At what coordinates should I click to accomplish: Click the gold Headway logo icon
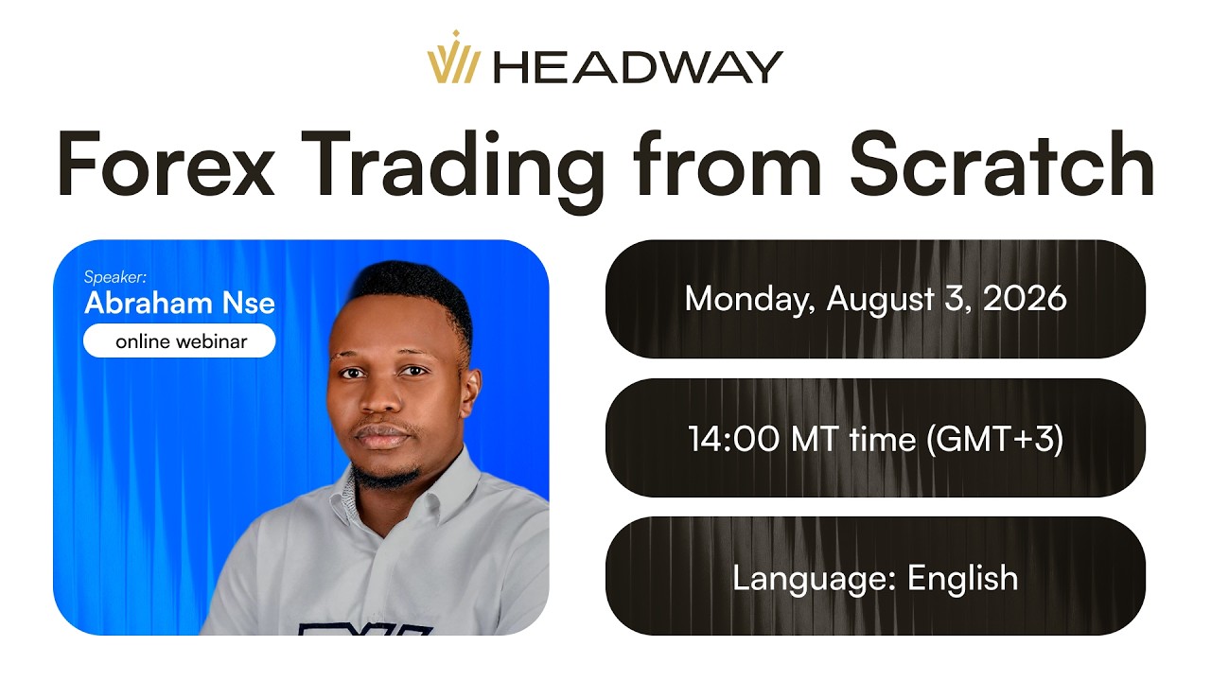coord(453,57)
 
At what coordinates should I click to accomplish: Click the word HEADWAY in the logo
coord(639,67)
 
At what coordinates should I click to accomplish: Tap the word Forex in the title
coord(166,164)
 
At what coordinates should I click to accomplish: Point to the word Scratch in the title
coord(1002,163)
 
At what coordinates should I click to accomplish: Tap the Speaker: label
coord(115,277)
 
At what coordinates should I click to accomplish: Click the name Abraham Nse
coord(180,304)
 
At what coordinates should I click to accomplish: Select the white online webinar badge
coord(180,340)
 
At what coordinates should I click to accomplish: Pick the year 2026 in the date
coord(1025,298)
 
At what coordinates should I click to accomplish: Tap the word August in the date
coord(881,300)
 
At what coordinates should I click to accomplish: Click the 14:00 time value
coord(733,438)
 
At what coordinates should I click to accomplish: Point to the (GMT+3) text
coord(995,439)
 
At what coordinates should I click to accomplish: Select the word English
coord(963,579)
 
